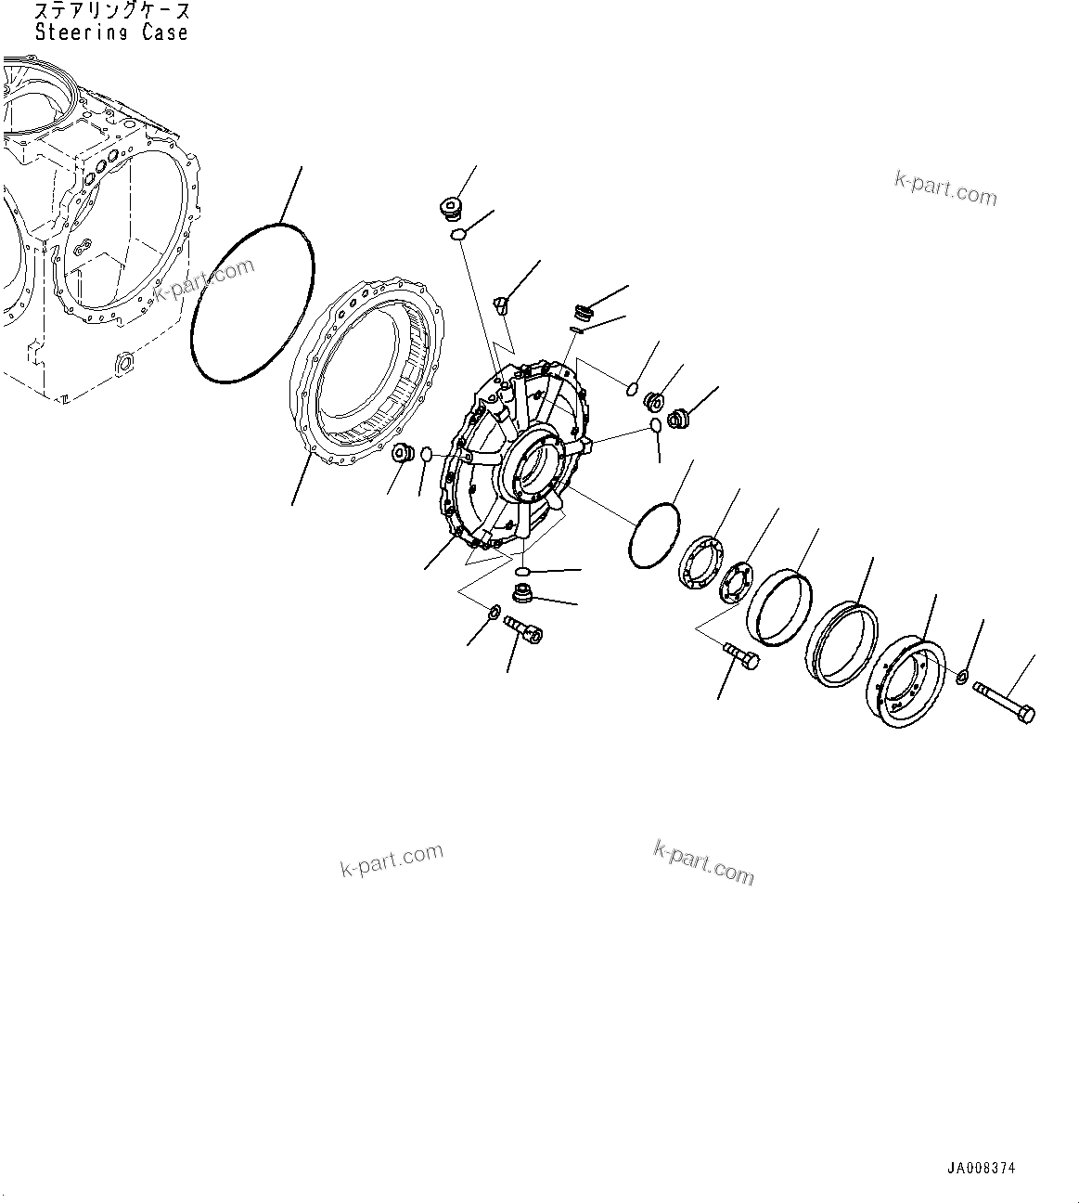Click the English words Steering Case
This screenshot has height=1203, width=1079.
coord(111,32)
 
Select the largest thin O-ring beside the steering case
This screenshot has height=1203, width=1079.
coord(252,302)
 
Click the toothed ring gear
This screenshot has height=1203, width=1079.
coord(371,371)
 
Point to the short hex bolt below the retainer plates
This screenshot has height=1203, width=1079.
coord(741,655)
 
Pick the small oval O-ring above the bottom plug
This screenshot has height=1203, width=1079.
coord(522,570)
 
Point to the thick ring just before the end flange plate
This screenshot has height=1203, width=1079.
coord(841,643)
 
